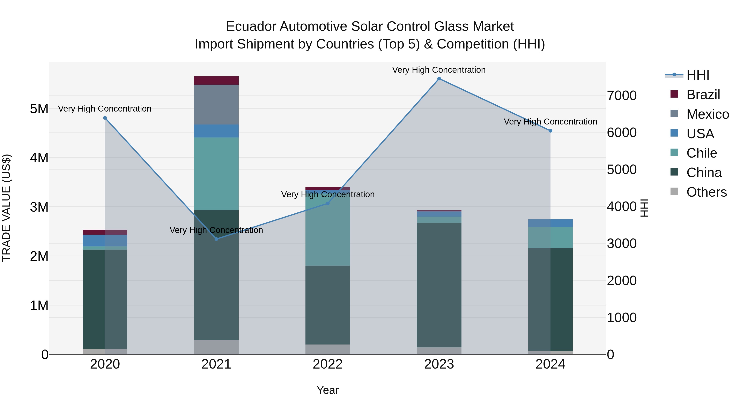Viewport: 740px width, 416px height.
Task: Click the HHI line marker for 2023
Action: point(439,79)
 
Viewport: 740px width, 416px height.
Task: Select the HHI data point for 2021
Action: point(216,239)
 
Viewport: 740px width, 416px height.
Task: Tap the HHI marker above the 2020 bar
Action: point(105,118)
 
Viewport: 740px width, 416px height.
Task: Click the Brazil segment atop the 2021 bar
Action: point(216,80)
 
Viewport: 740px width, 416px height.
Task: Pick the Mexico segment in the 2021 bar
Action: point(216,105)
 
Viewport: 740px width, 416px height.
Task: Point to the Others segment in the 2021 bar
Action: point(216,347)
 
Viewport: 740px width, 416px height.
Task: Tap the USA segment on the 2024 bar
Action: point(550,223)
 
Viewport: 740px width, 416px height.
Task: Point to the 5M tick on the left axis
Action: point(39,109)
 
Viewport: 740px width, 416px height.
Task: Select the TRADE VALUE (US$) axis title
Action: point(7,208)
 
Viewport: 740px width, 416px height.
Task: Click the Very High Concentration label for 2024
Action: point(550,122)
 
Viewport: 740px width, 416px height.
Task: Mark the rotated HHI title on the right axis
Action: point(644,208)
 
